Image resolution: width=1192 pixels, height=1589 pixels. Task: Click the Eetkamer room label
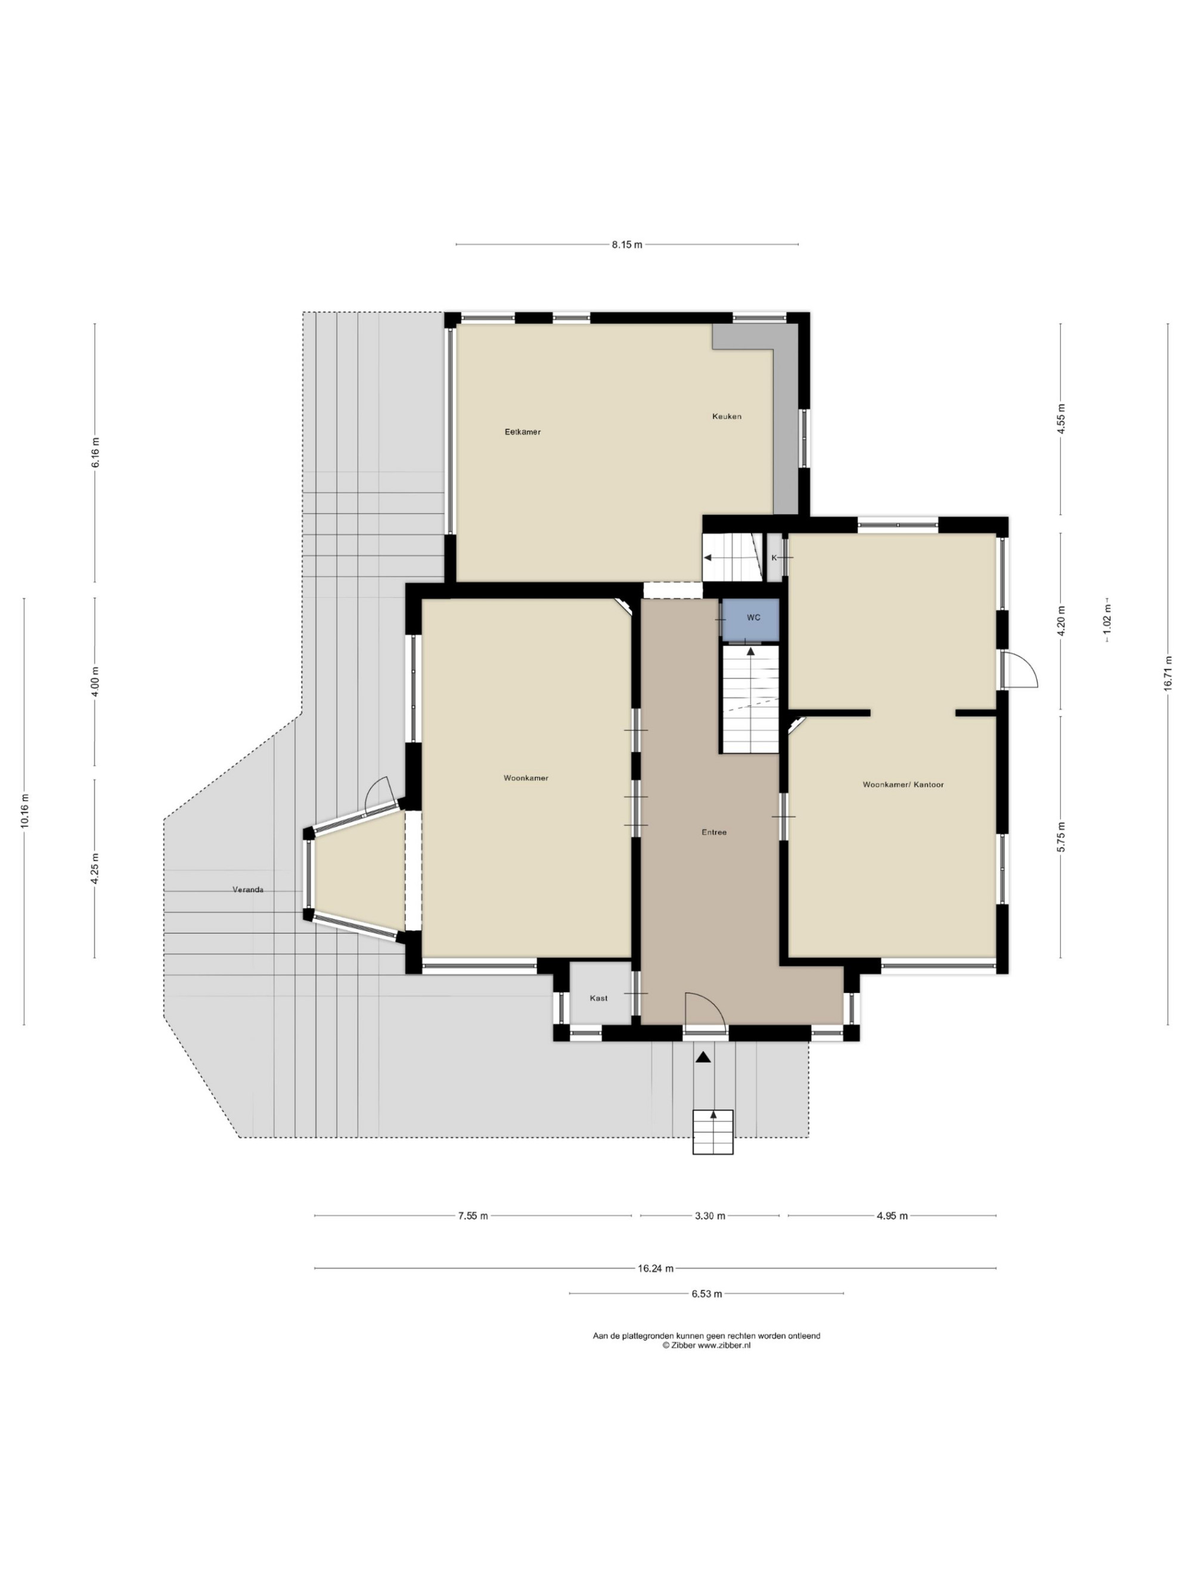[522, 432]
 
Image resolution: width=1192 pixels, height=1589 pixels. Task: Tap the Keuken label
[727, 416]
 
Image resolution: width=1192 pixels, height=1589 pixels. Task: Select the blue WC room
[751, 618]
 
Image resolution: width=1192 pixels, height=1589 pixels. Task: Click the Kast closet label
[598, 998]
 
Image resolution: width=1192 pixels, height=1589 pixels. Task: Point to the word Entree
[714, 832]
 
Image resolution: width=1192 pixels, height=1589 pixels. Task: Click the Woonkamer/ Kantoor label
[903, 785]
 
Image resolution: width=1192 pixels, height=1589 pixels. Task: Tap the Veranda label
[248, 890]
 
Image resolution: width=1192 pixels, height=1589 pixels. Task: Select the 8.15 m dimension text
[626, 244]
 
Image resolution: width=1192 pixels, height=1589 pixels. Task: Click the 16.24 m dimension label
[655, 1268]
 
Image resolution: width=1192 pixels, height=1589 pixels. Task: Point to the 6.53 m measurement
[706, 1293]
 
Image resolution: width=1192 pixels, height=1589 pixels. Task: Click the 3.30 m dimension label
[710, 1215]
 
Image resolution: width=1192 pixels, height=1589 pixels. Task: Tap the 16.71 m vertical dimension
[1168, 674]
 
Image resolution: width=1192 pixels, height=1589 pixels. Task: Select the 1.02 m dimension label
[1107, 618]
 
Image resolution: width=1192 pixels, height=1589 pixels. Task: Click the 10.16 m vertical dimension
[24, 811]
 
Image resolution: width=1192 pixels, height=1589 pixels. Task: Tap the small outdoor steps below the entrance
[713, 1132]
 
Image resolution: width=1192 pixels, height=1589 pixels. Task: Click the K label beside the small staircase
[774, 558]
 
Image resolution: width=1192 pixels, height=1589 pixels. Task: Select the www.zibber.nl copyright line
[706, 1345]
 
